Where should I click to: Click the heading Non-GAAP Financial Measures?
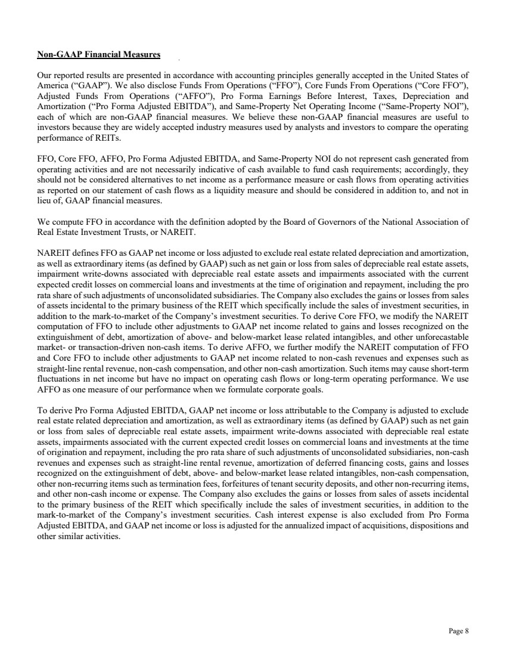pyautogui.click(x=98, y=55)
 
